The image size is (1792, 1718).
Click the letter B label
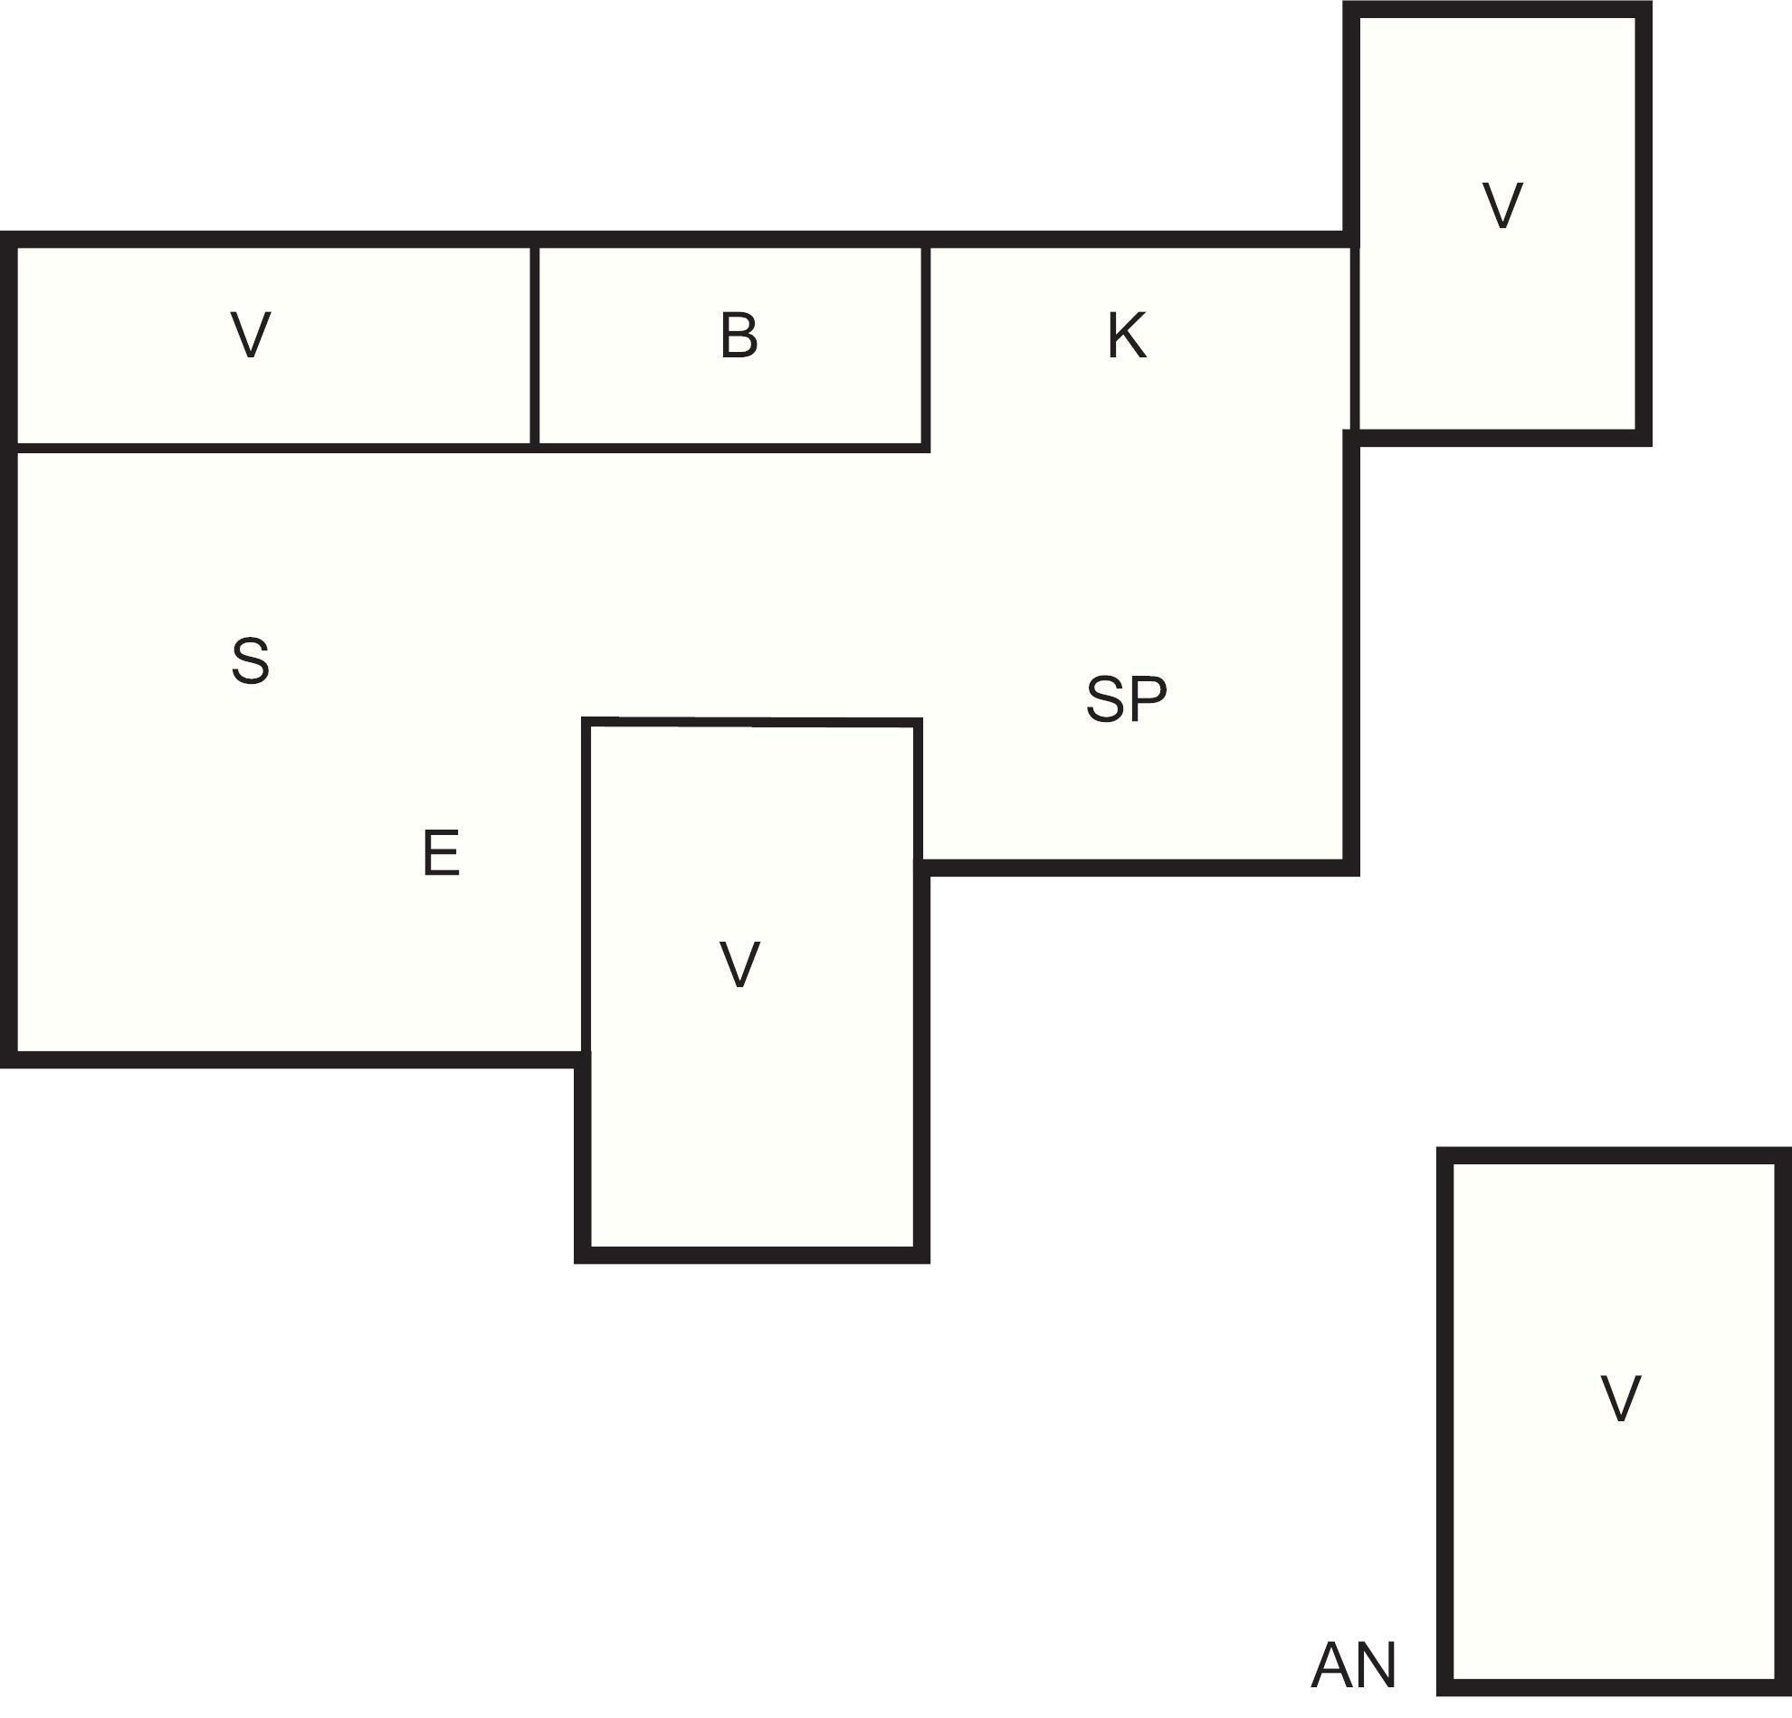tap(739, 336)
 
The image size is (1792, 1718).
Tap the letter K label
tap(1127, 336)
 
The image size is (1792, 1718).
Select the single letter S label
tap(251, 660)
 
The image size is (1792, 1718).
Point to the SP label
tap(1127, 699)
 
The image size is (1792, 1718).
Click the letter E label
tap(441, 852)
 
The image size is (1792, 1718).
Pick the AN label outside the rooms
tap(1353, 1665)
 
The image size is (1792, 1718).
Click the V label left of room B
tap(251, 336)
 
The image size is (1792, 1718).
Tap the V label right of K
tap(1502, 205)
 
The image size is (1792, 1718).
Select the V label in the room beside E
tap(739, 965)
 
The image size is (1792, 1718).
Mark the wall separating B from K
tap(926, 347)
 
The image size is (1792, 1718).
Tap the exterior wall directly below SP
tap(1138, 868)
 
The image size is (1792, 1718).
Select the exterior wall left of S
tap(9, 650)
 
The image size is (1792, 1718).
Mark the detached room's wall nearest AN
tap(1445, 1422)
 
